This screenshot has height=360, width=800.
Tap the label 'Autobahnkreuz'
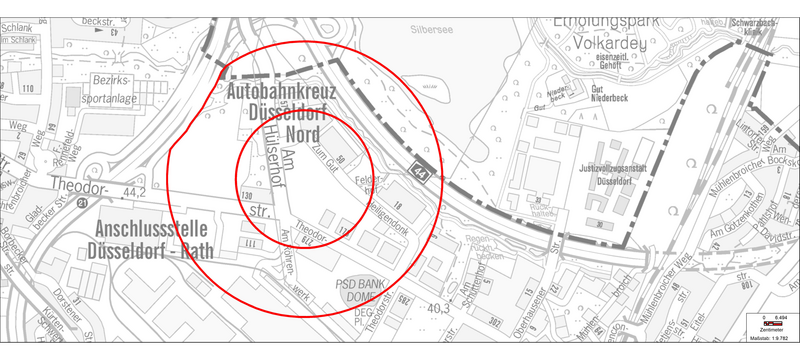pos(281,92)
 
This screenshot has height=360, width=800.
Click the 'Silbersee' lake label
pos(431,29)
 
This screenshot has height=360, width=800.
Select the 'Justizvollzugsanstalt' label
pos(616,169)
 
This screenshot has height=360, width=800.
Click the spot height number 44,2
pos(134,190)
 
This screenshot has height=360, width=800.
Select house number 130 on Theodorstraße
pos(247,196)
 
